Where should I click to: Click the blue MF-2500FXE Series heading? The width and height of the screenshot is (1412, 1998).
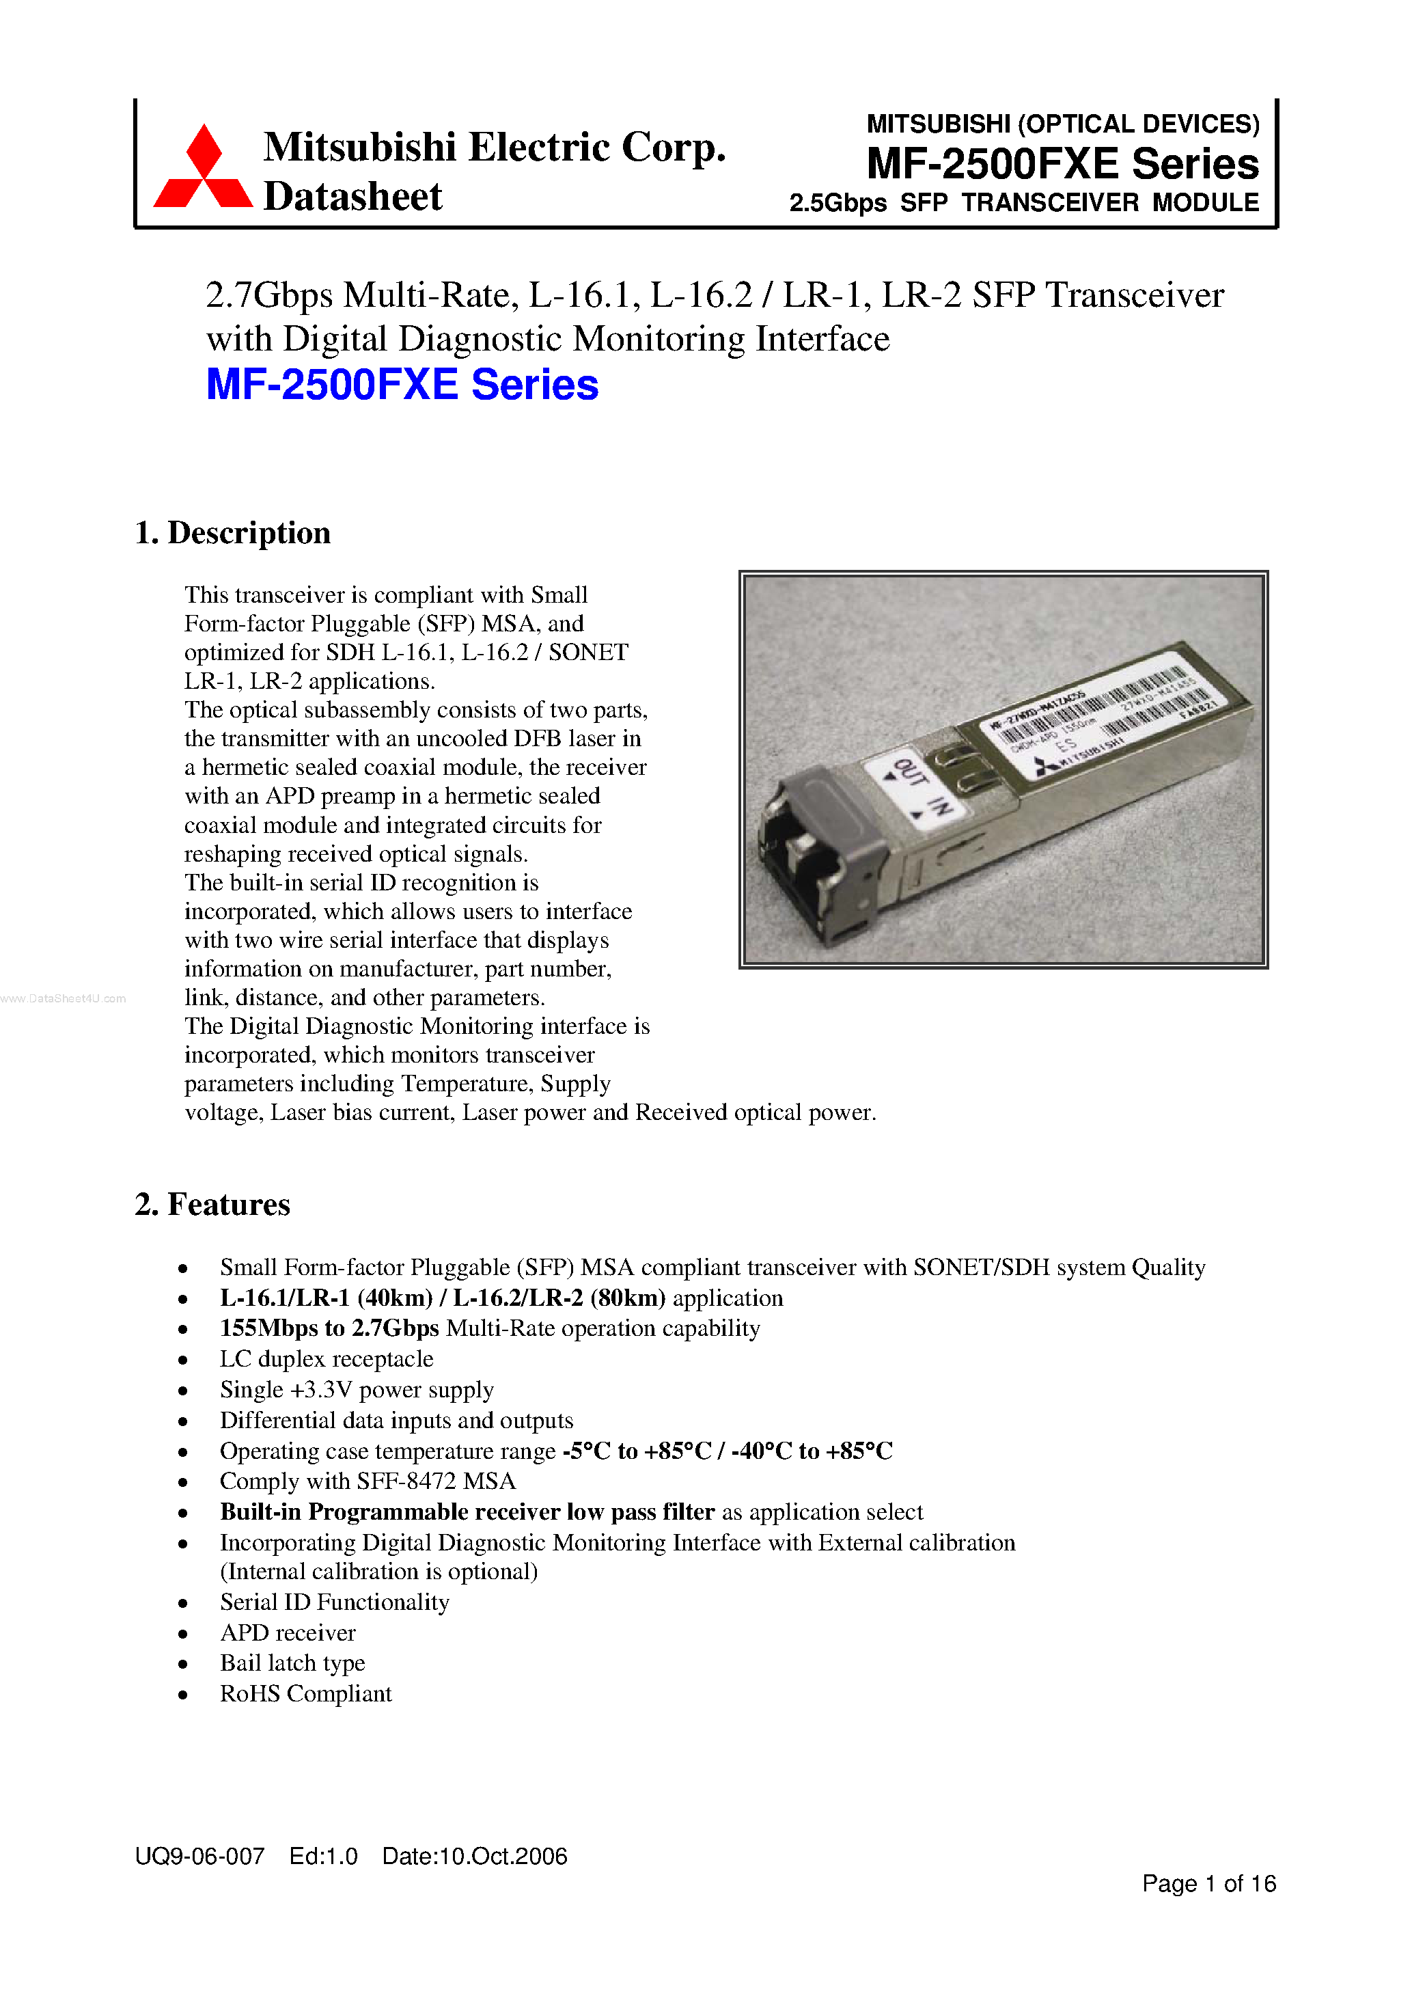tap(402, 385)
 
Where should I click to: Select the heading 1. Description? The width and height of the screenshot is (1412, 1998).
tap(232, 532)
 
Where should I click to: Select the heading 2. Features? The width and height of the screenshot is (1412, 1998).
tap(212, 1205)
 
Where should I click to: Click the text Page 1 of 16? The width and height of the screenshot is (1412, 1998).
tap(1208, 1884)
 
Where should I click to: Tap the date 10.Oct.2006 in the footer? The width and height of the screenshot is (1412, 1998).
tap(474, 1856)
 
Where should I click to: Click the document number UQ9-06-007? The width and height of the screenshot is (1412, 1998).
tap(199, 1856)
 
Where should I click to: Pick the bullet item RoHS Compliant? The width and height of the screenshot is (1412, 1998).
tap(305, 1693)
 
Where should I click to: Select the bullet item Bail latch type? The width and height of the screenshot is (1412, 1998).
tap(292, 1663)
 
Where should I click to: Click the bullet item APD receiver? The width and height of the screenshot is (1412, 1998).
tap(287, 1632)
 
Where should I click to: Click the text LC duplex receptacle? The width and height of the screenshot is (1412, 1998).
tap(327, 1358)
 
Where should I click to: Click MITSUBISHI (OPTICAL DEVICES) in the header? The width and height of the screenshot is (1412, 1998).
tap(1062, 124)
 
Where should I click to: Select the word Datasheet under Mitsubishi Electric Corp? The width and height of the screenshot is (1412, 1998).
tap(352, 197)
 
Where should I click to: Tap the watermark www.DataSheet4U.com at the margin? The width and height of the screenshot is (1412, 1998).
tap(63, 998)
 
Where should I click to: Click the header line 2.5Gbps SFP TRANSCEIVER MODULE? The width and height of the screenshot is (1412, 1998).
tap(1023, 203)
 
